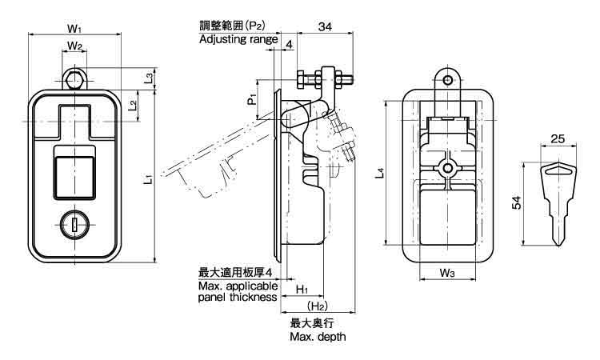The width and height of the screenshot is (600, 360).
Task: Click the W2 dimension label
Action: click(74, 46)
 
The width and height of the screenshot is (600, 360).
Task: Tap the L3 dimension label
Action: click(150, 78)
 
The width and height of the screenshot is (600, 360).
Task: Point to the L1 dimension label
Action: click(149, 181)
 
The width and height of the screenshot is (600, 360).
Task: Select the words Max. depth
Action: click(318, 337)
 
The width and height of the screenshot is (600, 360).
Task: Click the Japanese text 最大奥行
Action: click(310, 323)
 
